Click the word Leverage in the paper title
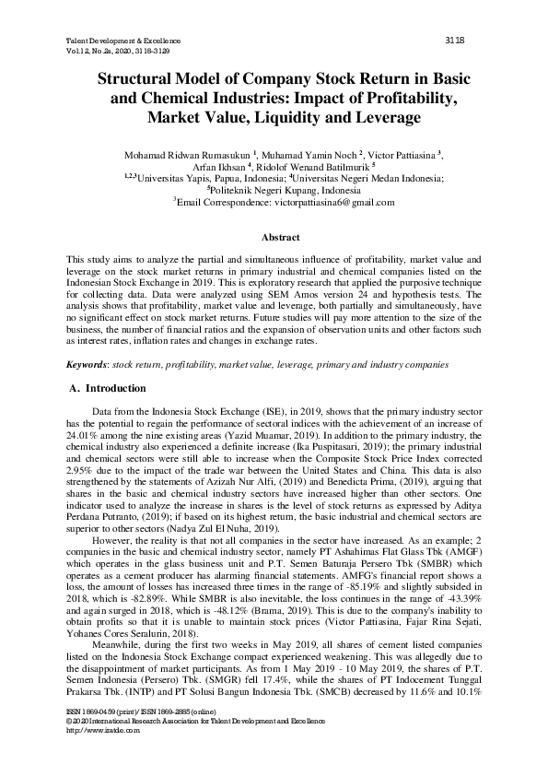pyautogui.click(x=361, y=118)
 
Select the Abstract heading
pyautogui.click(x=274, y=238)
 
